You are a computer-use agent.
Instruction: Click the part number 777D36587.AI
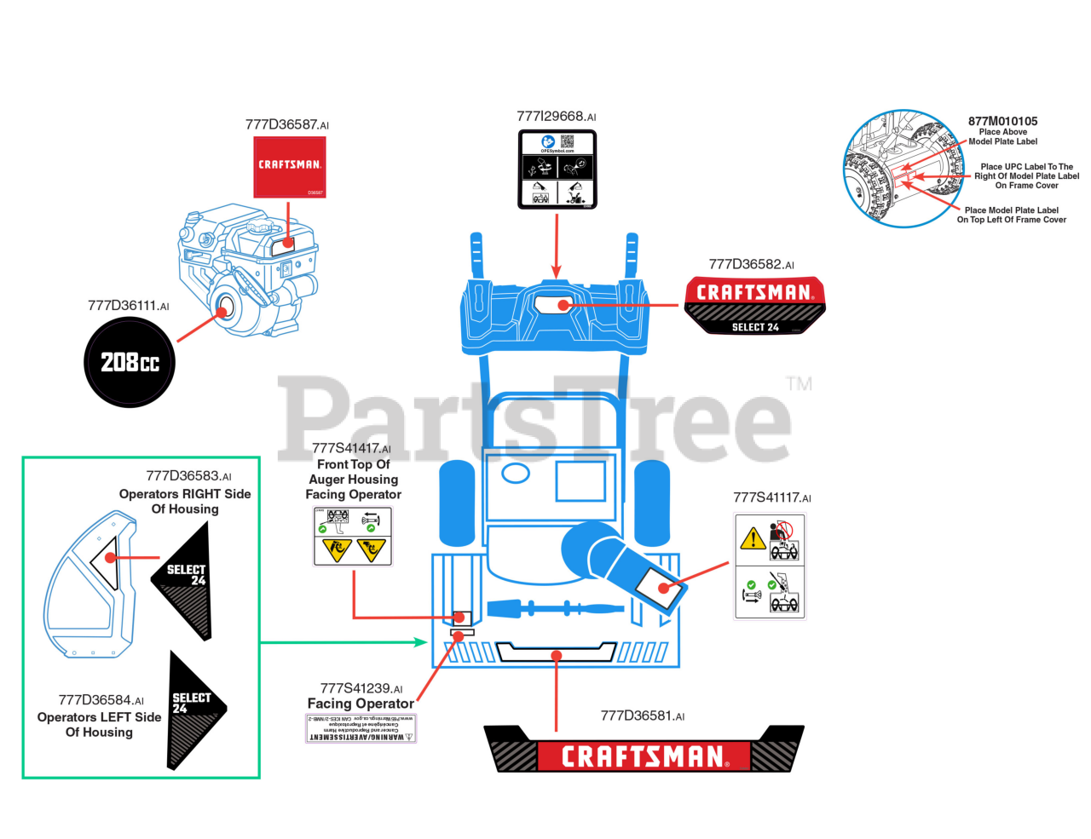pyautogui.click(x=286, y=124)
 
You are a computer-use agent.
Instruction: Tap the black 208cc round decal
pyautogui.click(x=130, y=362)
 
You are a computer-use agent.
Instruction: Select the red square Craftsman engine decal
pyautogui.click(x=290, y=167)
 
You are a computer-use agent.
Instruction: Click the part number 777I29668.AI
pyautogui.click(x=556, y=117)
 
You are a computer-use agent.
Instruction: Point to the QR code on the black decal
pyautogui.click(x=567, y=141)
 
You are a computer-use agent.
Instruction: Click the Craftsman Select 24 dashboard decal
pyautogui.click(x=754, y=304)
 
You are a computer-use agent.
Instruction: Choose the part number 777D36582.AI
pyautogui.click(x=751, y=265)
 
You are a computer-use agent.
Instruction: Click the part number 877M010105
pyautogui.click(x=1002, y=121)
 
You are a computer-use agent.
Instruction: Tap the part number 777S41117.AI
pyautogui.click(x=771, y=497)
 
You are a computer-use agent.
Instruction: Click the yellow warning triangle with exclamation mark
pyautogui.click(x=753, y=538)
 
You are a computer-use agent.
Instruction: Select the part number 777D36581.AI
pyautogui.click(x=642, y=715)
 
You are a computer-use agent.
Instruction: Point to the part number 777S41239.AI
pyautogui.click(x=361, y=688)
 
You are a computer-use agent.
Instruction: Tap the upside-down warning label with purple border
pyautogui.click(x=361, y=729)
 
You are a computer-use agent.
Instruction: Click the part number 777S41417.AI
pyautogui.click(x=351, y=448)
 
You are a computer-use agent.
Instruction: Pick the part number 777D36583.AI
pyautogui.click(x=188, y=476)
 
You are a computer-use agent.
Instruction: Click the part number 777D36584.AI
pyautogui.click(x=101, y=700)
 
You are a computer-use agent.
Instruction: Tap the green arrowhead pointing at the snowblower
pyautogui.click(x=420, y=641)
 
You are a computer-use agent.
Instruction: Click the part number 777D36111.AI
pyautogui.click(x=128, y=306)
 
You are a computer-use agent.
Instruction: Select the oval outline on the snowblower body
pyautogui.click(x=516, y=473)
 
